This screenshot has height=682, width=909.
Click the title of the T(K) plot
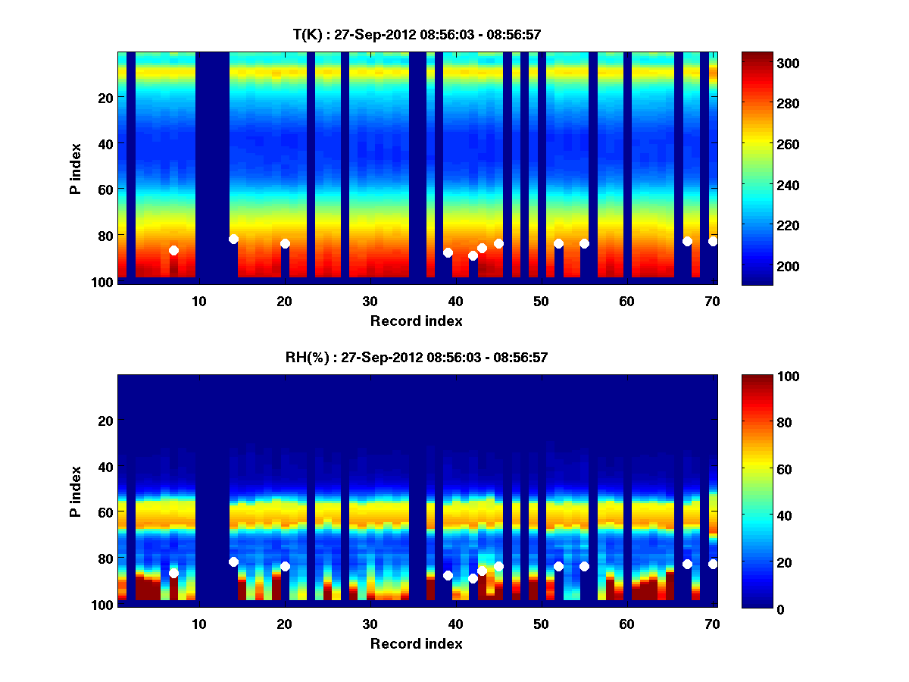point(416,35)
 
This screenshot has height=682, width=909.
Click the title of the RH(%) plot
point(416,358)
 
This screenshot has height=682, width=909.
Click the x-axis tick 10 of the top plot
point(198,300)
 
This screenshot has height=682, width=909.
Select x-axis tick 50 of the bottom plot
point(541,624)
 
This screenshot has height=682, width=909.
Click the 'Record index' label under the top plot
point(416,321)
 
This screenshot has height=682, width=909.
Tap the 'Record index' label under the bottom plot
point(416,643)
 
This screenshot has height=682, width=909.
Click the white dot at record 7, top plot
point(173,250)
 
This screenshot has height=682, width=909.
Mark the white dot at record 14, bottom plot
point(233,562)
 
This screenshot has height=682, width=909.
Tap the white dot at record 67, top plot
point(687,241)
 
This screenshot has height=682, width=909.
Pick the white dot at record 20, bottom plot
point(285,566)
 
